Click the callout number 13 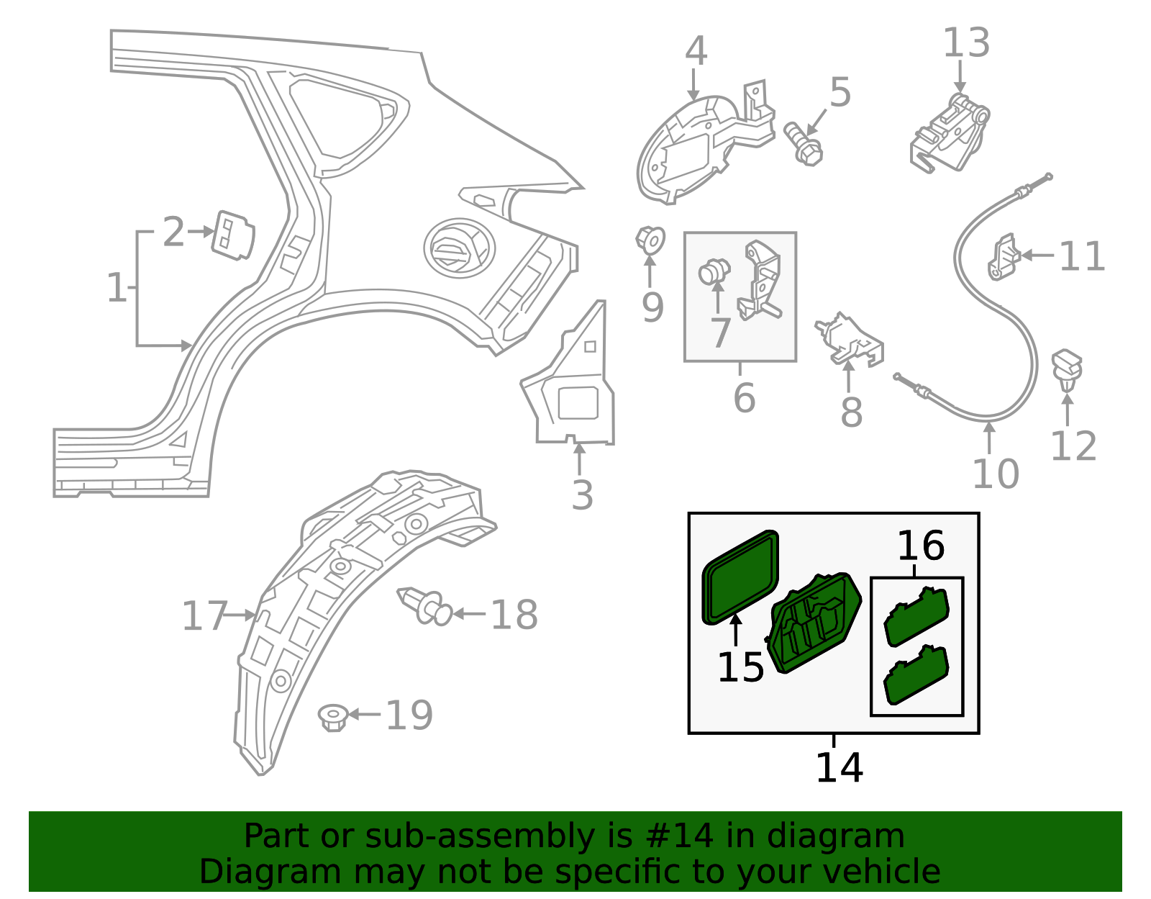pos(966,43)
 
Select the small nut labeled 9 pos(650,240)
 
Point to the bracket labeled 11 pos(1003,257)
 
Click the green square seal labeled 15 pos(740,577)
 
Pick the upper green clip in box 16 pos(916,616)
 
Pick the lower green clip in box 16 pos(916,674)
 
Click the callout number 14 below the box pos(839,767)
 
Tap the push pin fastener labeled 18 pos(424,607)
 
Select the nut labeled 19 pos(333,717)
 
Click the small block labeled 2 pos(232,234)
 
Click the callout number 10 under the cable pos(995,474)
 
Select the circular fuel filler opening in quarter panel pos(459,247)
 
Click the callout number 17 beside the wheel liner pos(204,616)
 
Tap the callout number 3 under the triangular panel pos(582,495)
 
